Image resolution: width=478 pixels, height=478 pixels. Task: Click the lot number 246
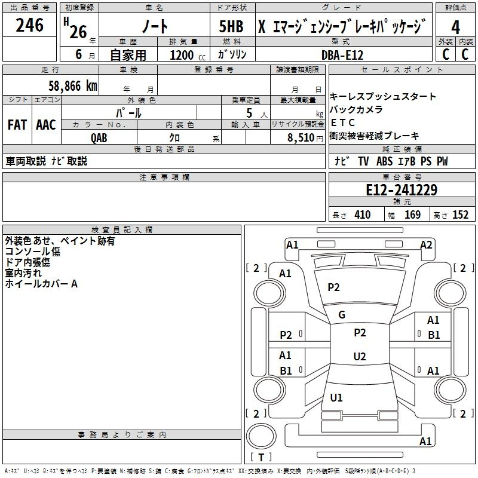pos(30,25)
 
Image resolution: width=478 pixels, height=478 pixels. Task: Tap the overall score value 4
pos(455,27)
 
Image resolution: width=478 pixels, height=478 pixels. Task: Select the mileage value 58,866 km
pos(73,85)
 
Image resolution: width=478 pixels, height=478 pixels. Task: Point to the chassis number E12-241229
pos(401,191)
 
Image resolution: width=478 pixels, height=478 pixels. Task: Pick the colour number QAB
pos(99,137)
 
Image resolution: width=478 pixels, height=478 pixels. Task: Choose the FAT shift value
pos(17,125)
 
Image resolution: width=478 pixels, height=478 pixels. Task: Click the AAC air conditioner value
pos(46,125)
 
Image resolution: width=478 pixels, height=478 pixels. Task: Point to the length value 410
pos(362,215)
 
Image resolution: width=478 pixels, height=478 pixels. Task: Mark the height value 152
pos(460,215)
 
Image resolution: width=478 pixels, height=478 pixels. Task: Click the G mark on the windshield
pos(342,315)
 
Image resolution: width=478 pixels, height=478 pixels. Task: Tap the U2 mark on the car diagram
pos(359,357)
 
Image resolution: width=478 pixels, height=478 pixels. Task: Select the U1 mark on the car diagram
pos(336,398)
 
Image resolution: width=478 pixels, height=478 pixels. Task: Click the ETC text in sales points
pos(343,122)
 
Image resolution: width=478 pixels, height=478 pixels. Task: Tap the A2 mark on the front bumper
pos(426,244)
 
